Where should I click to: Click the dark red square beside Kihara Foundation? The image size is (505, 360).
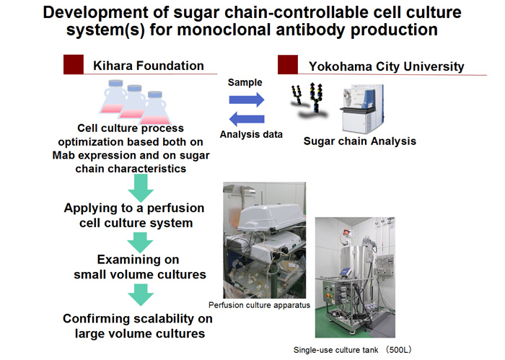pyautogui.click(x=74, y=64)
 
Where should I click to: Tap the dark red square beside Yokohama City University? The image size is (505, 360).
pyautogui.click(x=288, y=65)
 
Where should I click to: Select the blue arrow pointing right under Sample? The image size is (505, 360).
pyautogui.click(x=247, y=100)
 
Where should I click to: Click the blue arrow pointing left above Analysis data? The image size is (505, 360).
pyautogui.click(x=247, y=119)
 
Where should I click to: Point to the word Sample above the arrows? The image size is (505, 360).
pyautogui.click(x=245, y=82)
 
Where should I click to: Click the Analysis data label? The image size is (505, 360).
pyautogui.click(x=251, y=134)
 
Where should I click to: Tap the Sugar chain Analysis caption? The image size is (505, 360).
pyautogui.click(x=360, y=141)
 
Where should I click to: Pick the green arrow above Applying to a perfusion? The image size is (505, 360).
pyautogui.click(x=141, y=188)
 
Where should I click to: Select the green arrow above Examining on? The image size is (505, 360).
pyautogui.click(x=141, y=242)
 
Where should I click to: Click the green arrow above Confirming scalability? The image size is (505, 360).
pyautogui.click(x=141, y=294)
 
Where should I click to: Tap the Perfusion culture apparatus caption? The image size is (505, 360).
pyautogui.click(x=259, y=305)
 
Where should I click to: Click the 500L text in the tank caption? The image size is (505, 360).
pyautogui.click(x=399, y=350)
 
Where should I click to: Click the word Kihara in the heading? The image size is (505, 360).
pyautogui.click(x=113, y=66)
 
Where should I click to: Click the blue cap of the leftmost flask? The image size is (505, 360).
pyautogui.click(x=115, y=83)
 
